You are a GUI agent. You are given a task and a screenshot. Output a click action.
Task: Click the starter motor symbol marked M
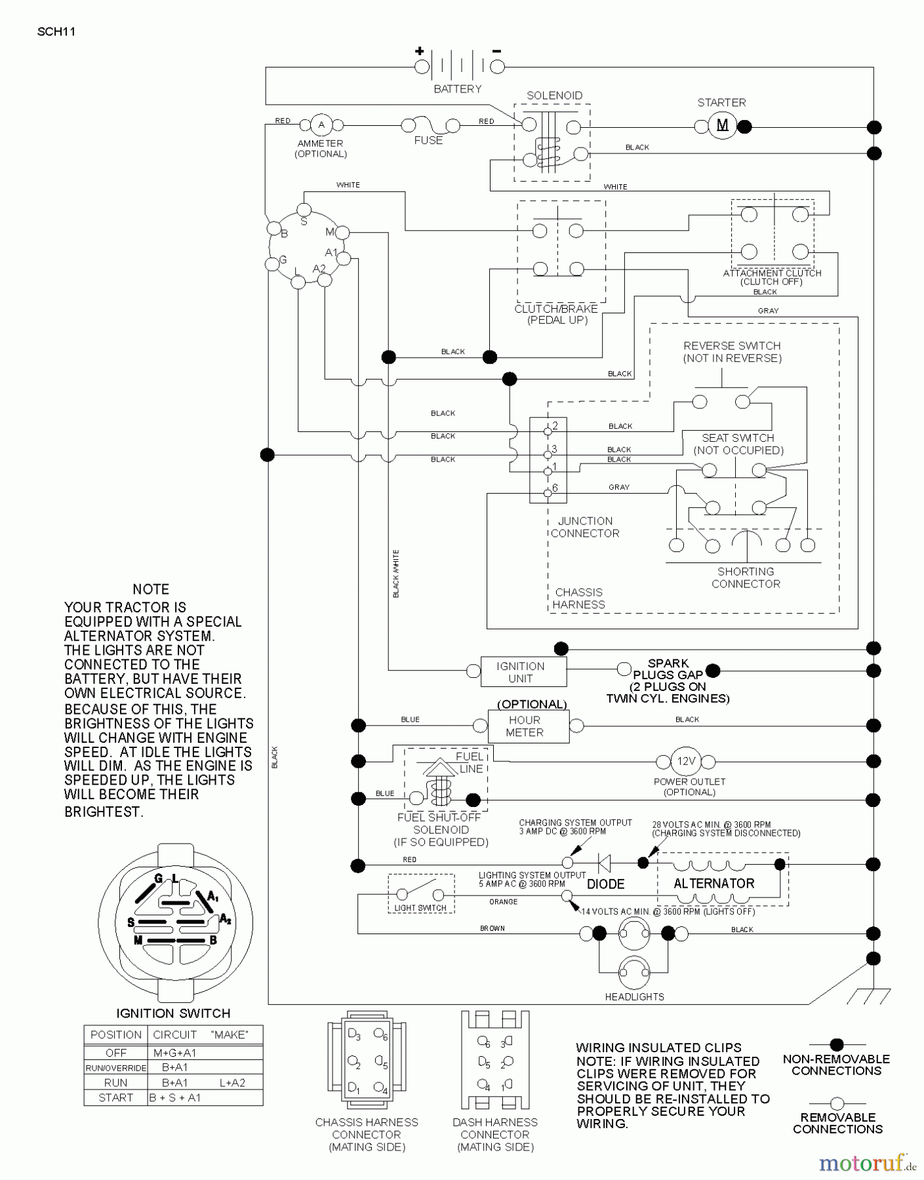tap(723, 126)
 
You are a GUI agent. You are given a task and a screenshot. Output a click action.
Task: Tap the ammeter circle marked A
tap(321, 125)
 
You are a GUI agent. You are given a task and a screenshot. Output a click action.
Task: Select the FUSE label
tap(428, 140)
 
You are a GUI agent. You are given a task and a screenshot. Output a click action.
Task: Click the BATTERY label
tap(457, 89)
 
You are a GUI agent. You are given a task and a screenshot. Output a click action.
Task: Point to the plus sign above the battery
tap(419, 50)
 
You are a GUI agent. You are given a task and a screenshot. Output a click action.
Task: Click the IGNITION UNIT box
tap(523, 672)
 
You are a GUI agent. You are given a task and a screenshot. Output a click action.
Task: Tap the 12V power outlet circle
tap(685, 761)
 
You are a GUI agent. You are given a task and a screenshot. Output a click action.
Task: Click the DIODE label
tap(605, 884)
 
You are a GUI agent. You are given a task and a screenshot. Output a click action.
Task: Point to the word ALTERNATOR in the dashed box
tap(713, 883)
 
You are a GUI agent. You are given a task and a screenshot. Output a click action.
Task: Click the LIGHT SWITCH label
tap(420, 908)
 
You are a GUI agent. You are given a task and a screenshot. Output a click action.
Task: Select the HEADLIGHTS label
tap(634, 996)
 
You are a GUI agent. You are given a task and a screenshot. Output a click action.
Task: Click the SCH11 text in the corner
tap(56, 31)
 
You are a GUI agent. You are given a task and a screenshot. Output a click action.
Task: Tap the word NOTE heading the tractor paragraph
tap(151, 589)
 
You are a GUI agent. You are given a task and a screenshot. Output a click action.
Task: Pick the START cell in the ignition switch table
tap(115, 1097)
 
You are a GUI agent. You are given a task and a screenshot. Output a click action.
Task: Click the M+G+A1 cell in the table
tap(175, 1053)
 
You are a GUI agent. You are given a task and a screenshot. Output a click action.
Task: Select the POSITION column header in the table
tap(115, 1034)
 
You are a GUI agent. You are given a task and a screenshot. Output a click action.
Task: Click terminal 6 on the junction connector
tap(548, 493)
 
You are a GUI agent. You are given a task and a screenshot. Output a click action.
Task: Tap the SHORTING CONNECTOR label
tap(746, 578)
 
